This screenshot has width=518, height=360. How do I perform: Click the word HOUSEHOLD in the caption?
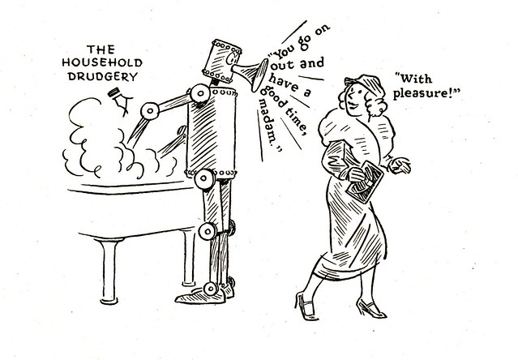102,62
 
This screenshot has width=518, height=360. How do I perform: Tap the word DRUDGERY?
103,77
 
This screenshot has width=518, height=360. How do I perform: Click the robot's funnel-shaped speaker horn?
252,73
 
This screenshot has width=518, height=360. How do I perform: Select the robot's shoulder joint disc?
200,93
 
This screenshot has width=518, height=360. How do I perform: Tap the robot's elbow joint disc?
150,110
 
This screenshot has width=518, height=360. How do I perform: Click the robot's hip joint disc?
204,179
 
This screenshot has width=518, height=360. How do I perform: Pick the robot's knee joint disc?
208,231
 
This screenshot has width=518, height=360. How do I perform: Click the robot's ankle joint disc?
211,289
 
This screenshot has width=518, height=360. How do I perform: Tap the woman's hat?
366,84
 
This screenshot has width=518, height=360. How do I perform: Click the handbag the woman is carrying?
365,182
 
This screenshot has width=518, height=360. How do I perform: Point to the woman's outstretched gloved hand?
400,165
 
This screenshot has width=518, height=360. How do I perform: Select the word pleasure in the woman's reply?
422,93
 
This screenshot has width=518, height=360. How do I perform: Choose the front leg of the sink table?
109,271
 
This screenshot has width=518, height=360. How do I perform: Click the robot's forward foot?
200,297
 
